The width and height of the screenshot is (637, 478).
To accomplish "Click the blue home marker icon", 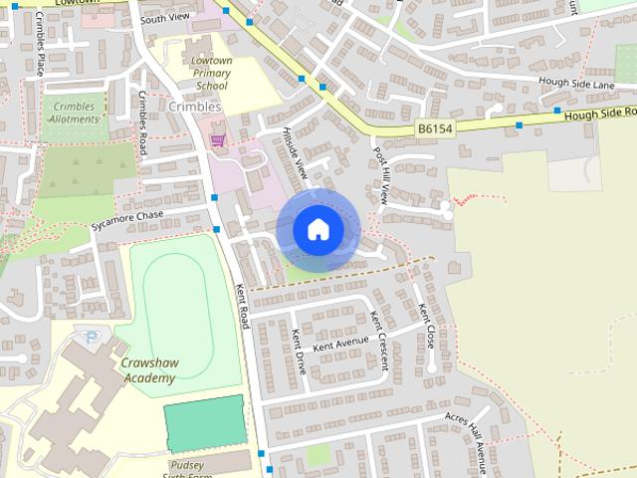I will point(318,229).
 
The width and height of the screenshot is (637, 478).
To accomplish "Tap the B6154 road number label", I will point(435,128).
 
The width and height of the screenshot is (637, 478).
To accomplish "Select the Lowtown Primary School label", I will point(210,73).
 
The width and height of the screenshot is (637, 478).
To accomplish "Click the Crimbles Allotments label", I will point(73,111).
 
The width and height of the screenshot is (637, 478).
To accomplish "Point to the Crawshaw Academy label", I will point(149,371).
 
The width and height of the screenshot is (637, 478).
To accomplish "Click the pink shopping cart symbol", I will point(217,140).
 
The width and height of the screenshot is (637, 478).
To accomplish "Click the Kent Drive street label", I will point(298,352).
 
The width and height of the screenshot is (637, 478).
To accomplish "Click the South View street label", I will point(165,18).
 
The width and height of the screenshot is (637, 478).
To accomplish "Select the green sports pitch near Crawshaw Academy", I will point(204,422).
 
